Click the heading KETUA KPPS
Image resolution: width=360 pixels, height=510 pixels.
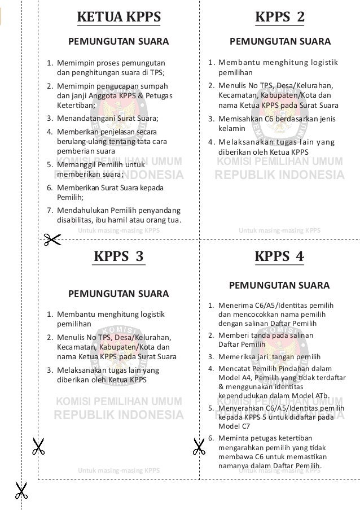118,18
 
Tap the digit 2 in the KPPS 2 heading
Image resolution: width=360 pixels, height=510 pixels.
300,18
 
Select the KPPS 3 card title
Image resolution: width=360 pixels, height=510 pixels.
118,256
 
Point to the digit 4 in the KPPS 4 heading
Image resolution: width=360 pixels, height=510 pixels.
300,256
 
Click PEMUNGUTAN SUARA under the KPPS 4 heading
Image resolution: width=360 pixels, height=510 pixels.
279,285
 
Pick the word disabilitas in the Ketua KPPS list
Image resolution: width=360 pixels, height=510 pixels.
76,220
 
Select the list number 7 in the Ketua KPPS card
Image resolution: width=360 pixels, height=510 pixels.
49,210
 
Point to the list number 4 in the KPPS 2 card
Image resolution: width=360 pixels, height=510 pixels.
210,142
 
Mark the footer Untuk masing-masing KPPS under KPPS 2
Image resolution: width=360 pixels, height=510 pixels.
279,230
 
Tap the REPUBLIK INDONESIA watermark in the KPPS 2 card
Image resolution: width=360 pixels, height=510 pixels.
279,175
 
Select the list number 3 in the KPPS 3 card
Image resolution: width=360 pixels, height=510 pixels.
49,370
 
